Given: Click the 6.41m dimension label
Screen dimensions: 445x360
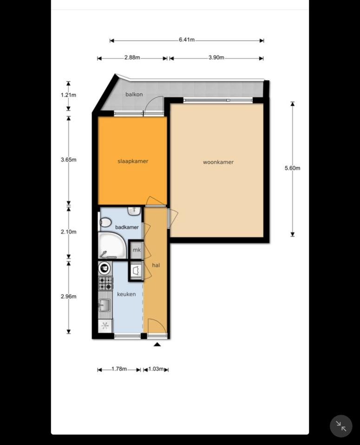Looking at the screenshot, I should tap(186, 40).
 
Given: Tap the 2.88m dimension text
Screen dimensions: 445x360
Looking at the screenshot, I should tap(132, 58).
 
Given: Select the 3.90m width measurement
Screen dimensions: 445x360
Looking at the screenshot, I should tap(216, 58).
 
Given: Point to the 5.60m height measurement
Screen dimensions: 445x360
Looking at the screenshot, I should tap(293, 168).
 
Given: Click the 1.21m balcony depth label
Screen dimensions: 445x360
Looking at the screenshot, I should tap(68, 95).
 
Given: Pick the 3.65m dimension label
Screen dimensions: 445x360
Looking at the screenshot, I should tap(68, 160).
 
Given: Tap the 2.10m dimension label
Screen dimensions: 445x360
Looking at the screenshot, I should tap(68, 232).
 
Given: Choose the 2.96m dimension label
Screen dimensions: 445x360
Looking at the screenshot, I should tap(68, 297).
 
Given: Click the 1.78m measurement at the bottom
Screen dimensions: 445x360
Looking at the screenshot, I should tap(119, 369).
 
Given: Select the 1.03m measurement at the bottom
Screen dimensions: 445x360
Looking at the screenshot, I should tap(156, 369).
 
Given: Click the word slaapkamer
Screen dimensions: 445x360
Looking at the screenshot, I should tap(133, 161).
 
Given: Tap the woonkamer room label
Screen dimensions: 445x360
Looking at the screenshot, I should tap(218, 162).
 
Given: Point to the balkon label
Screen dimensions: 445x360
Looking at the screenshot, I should tap(134, 95).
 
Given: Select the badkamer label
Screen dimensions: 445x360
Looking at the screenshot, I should tap(127, 227).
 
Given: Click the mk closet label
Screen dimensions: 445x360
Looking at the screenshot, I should tap(137, 250).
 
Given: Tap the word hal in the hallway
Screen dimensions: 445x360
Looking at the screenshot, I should tap(156, 265).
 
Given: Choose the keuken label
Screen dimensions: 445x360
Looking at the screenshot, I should tap(126, 294).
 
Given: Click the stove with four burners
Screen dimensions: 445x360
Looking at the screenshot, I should tap(105, 283).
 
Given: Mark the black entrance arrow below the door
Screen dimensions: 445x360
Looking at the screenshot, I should tap(157, 344).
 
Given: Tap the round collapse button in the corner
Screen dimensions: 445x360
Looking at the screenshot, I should tap(341, 426).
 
